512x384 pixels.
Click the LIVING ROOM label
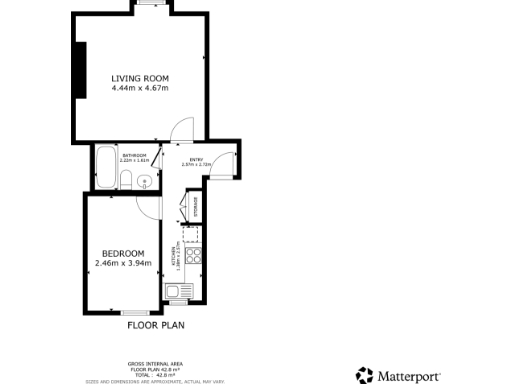(140, 78)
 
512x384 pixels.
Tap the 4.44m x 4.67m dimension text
(140, 88)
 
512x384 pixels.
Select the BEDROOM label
(123, 253)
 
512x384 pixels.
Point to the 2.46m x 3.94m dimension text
(123, 263)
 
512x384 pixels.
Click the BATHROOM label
(135, 156)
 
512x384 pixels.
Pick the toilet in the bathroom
(127, 180)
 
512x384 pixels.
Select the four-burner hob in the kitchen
(193, 255)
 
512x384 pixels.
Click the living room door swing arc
(181, 127)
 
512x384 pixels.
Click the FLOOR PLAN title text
(155, 325)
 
